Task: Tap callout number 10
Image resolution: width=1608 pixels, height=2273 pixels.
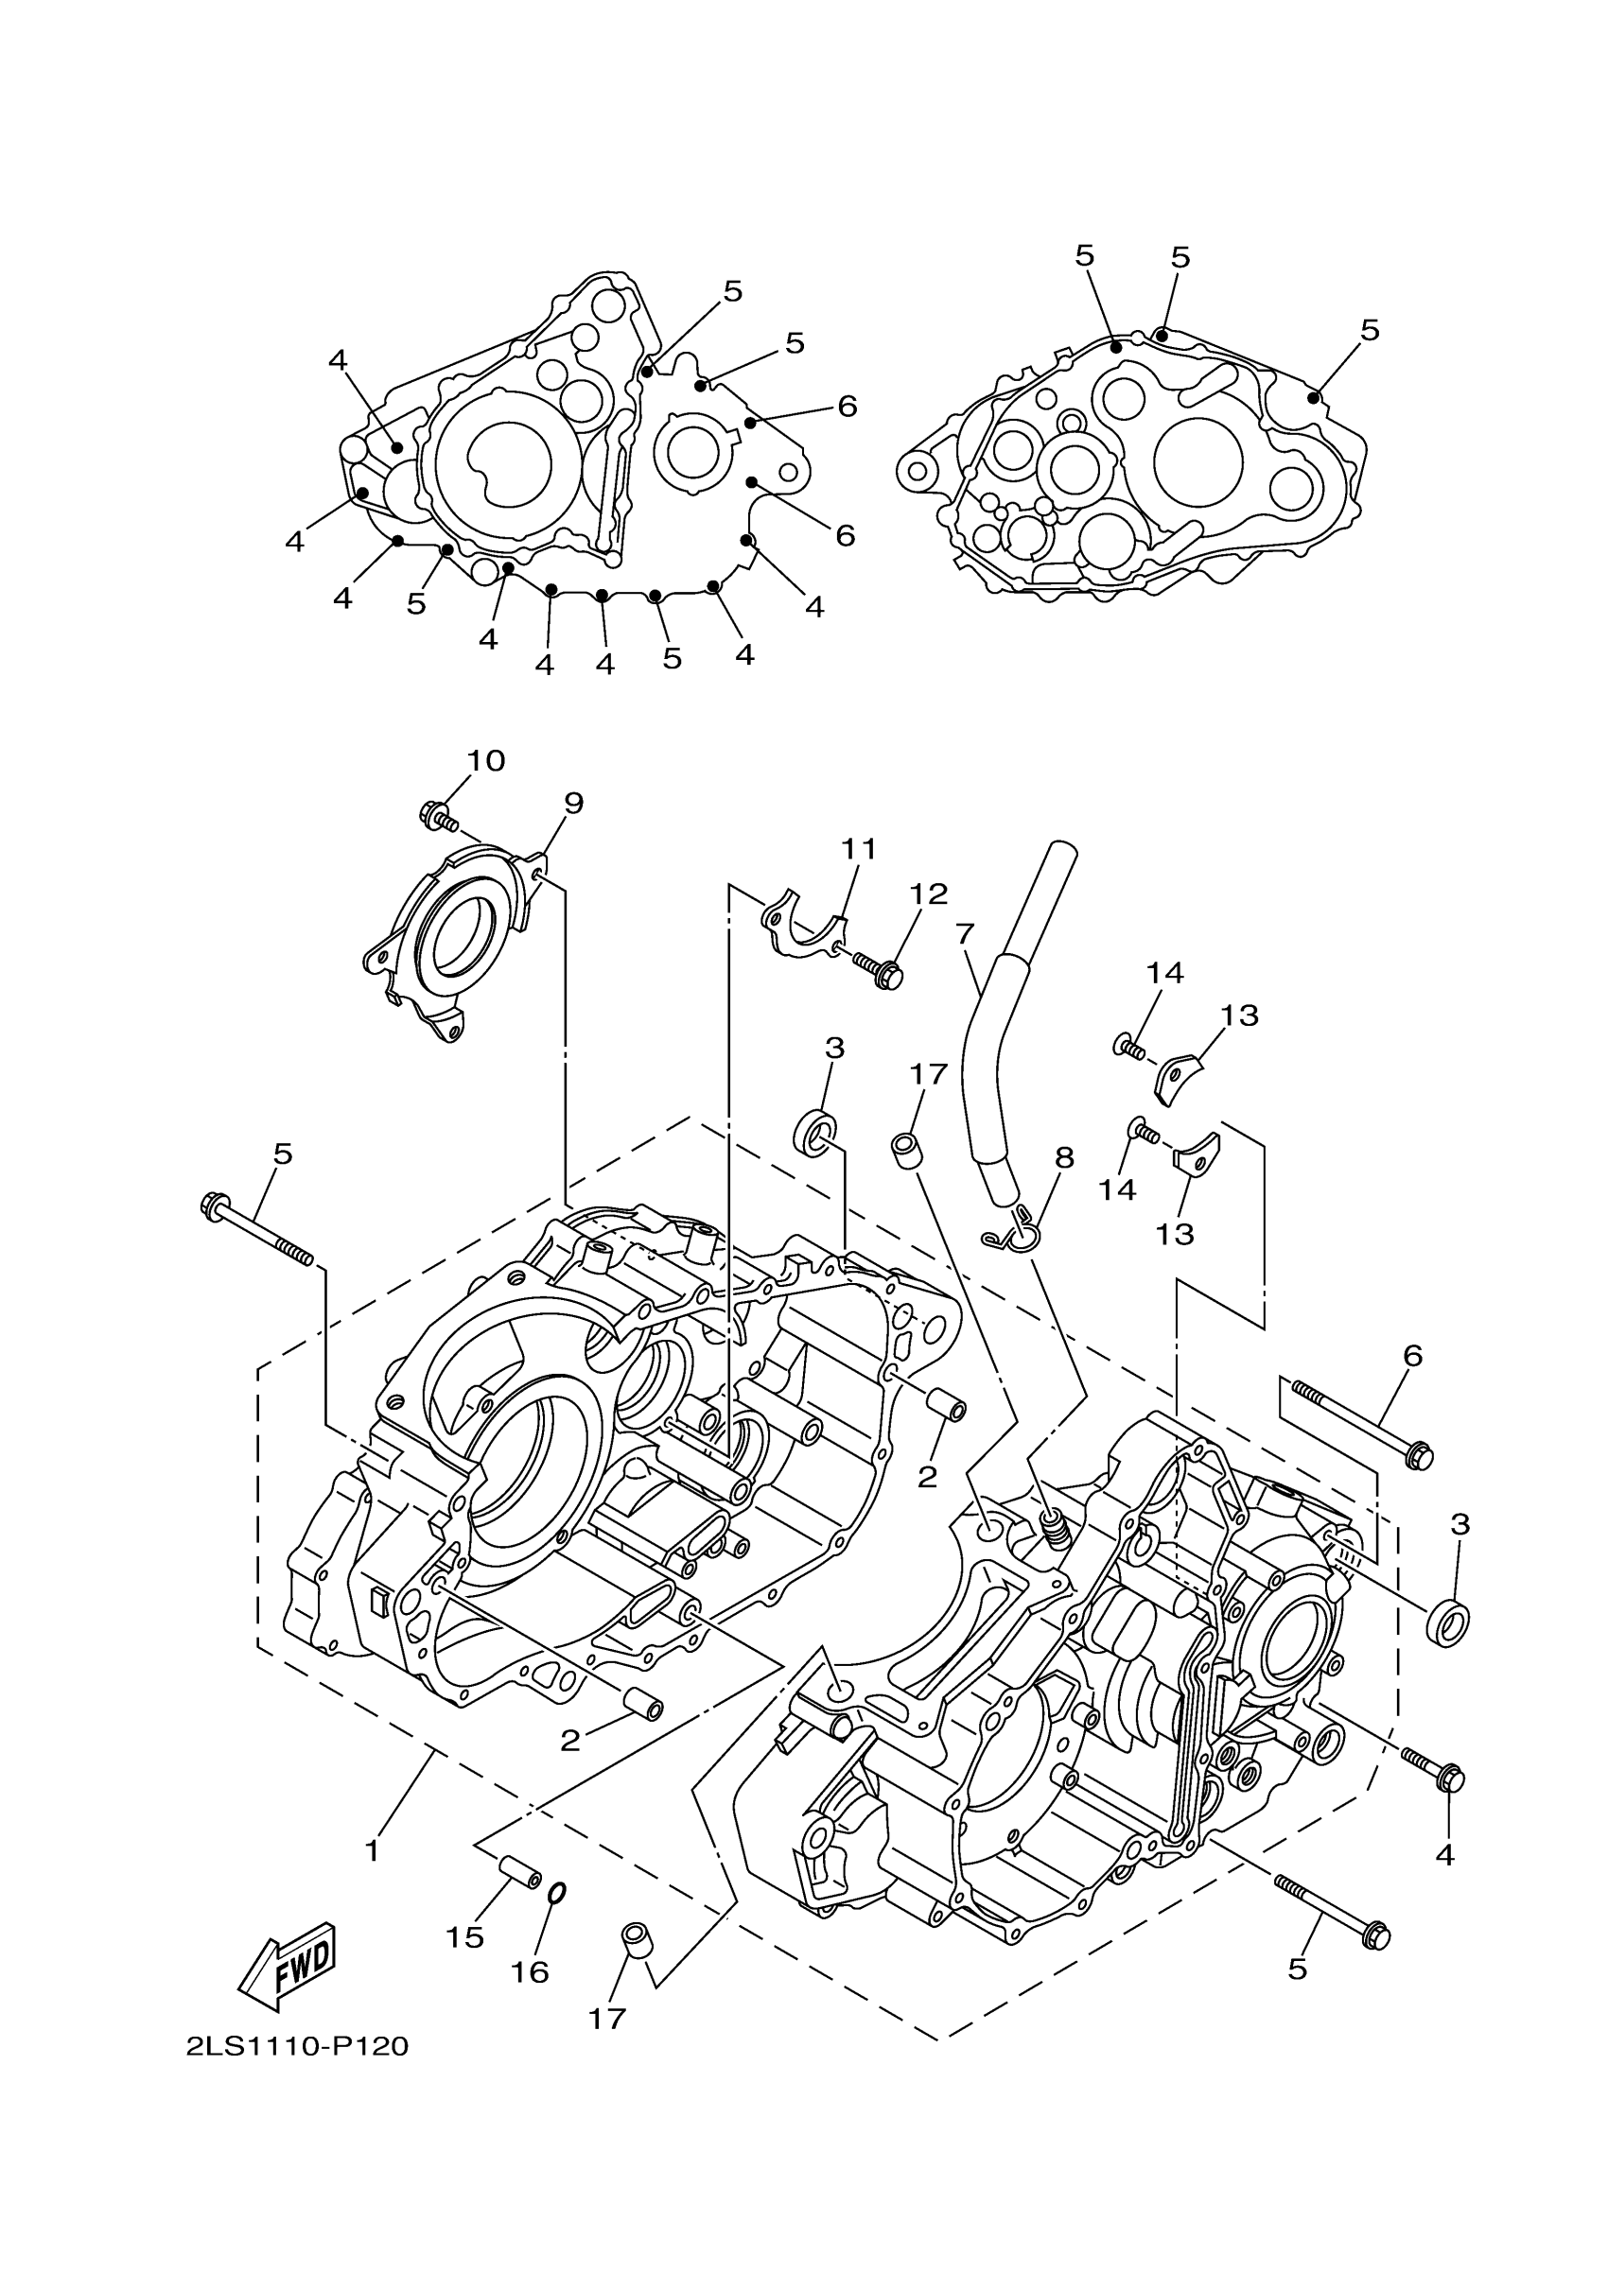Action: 486,760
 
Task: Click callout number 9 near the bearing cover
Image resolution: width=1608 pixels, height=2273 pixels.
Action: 574,802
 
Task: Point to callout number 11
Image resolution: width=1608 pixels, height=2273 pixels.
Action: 860,848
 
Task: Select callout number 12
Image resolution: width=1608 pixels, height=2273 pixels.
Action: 929,894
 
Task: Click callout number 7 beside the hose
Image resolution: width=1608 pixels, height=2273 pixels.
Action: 966,933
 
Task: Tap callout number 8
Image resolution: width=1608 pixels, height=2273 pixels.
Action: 1064,1157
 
